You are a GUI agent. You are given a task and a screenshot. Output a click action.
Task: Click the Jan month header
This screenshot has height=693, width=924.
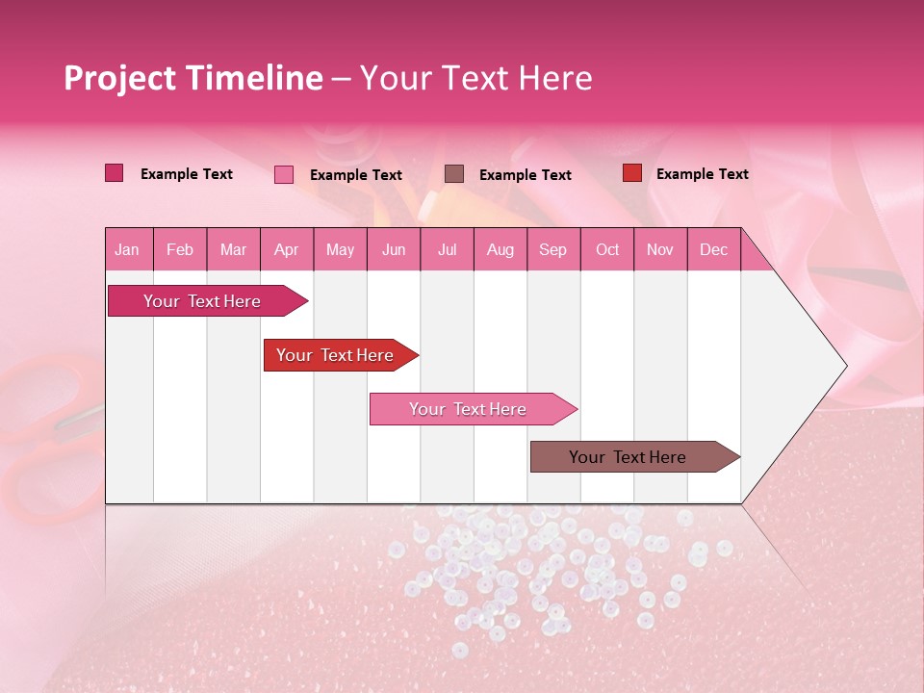pyautogui.click(x=127, y=250)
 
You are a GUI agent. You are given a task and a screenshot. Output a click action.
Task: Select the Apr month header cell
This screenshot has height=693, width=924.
pyautogui.click(x=286, y=250)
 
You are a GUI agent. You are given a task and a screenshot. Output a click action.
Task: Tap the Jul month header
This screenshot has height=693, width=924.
pyautogui.click(x=447, y=250)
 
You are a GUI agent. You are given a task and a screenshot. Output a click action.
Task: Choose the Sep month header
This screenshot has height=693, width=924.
pyautogui.click(x=552, y=250)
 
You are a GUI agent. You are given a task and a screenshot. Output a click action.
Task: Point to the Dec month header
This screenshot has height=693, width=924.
pyautogui.click(x=713, y=250)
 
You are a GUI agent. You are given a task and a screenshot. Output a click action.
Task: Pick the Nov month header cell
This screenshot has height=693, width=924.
pyautogui.click(x=659, y=250)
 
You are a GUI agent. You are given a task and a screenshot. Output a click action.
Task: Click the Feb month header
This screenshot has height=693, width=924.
pyautogui.click(x=180, y=250)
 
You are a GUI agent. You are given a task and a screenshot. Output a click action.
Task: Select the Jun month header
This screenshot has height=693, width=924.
pyautogui.click(x=393, y=250)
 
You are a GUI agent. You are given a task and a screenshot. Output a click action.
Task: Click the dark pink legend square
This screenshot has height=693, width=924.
pyautogui.click(x=114, y=173)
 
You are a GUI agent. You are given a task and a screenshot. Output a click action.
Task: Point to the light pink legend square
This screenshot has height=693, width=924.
pyautogui.click(x=283, y=174)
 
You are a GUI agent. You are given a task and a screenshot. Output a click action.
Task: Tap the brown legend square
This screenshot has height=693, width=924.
pyautogui.click(x=454, y=173)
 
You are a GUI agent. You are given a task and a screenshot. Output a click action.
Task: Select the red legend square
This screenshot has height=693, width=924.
pyautogui.click(x=631, y=173)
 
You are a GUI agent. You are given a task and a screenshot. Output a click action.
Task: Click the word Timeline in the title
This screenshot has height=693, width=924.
pyautogui.click(x=255, y=78)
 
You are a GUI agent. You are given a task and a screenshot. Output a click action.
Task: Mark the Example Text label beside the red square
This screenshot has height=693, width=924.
pyautogui.click(x=702, y=174)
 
